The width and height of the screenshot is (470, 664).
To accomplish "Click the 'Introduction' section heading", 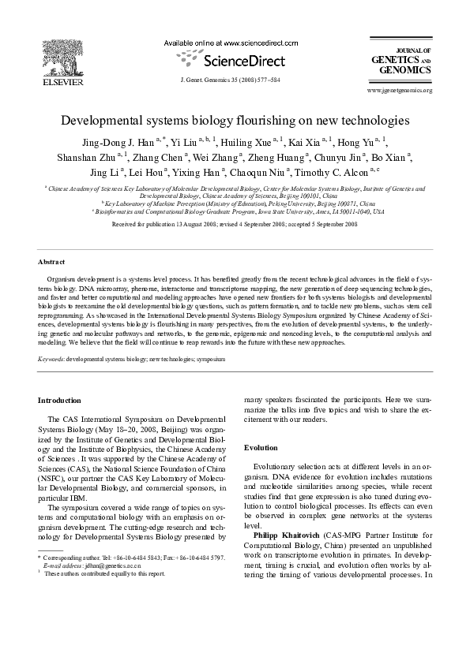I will [59, 401].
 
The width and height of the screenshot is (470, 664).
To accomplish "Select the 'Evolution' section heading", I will [260, 446].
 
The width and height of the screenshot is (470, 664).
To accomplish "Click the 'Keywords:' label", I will [52, 358].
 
